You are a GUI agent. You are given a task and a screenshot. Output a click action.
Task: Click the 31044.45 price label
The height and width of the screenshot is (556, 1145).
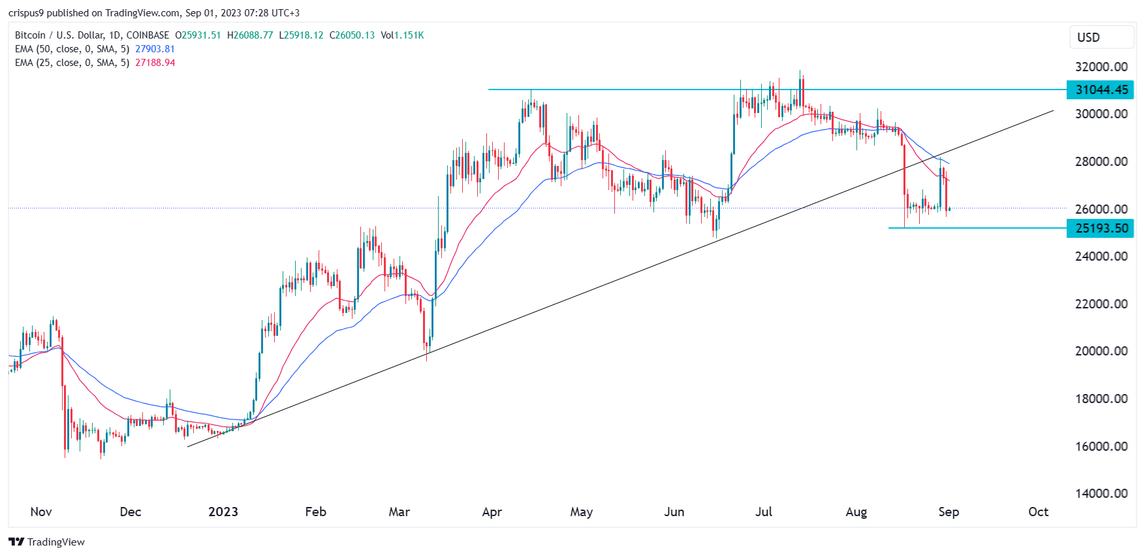(1101, 90)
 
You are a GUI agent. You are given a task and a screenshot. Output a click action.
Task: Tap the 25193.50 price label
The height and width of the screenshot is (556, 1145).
(1101, 228)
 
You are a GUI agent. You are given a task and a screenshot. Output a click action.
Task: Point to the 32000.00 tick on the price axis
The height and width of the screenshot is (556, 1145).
(1101, 67)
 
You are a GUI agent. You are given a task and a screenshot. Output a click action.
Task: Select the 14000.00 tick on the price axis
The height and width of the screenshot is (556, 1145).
(1101, 493)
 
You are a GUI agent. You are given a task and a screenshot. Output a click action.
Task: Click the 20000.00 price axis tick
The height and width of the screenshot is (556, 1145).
(1101, 351)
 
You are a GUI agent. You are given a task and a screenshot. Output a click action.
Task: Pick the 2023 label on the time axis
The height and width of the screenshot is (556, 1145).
(223, 512)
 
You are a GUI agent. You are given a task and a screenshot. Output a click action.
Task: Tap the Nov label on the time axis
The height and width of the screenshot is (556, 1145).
(41, 512)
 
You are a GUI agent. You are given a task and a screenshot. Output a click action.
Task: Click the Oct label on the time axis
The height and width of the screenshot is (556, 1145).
(1038, 512)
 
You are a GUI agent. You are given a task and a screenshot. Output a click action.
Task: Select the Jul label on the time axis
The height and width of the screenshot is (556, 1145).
(764, 512)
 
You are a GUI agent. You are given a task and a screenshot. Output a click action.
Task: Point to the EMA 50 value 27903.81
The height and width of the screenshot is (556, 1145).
(155, 49)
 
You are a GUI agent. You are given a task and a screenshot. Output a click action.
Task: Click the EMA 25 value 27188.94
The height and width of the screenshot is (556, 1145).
(155, 63)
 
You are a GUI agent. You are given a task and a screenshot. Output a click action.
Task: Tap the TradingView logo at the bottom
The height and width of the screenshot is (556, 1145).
(47, 542)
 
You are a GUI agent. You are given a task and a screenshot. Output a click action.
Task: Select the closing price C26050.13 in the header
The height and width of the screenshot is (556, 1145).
(352, 35)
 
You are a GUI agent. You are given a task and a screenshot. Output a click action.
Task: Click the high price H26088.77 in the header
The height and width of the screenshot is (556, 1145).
(250, 35)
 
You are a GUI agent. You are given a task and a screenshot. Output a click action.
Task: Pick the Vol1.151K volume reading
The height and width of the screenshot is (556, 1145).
(402, 35)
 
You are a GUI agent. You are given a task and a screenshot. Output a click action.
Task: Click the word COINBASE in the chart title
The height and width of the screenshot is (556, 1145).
(148, 35)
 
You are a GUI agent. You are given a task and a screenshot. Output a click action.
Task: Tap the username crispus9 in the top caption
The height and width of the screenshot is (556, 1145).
(25, 13)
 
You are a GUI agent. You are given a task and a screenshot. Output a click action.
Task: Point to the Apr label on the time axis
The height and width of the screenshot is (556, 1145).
(492, 512)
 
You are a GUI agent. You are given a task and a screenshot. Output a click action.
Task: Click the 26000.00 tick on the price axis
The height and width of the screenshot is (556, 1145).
(1101, 209)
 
